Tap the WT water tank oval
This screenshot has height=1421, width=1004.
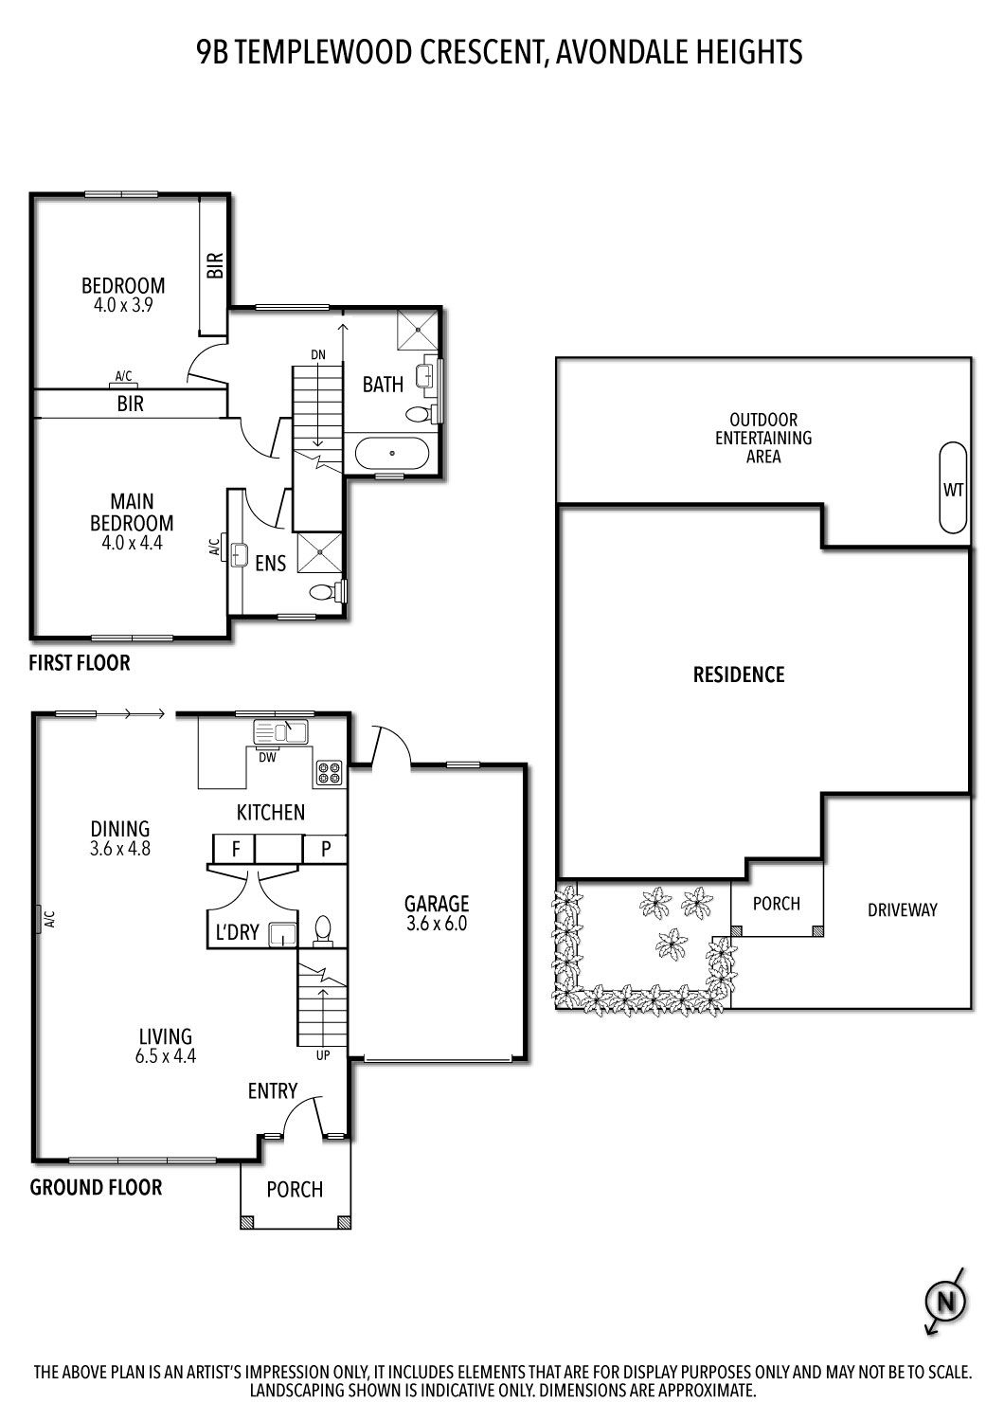953,489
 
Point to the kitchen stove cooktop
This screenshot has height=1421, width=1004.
329,773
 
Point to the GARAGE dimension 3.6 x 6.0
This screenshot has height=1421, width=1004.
437,924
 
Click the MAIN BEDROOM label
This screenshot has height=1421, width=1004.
132,512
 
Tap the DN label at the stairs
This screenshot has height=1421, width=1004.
318,354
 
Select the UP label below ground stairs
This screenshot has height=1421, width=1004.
323,1054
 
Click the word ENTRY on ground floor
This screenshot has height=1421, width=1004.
273,1091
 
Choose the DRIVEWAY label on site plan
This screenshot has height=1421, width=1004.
902,909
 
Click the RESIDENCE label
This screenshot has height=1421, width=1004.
739,675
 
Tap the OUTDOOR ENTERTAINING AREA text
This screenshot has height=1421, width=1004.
763,438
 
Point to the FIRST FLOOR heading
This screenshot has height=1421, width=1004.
80,663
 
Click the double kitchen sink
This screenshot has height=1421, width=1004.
281,731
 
